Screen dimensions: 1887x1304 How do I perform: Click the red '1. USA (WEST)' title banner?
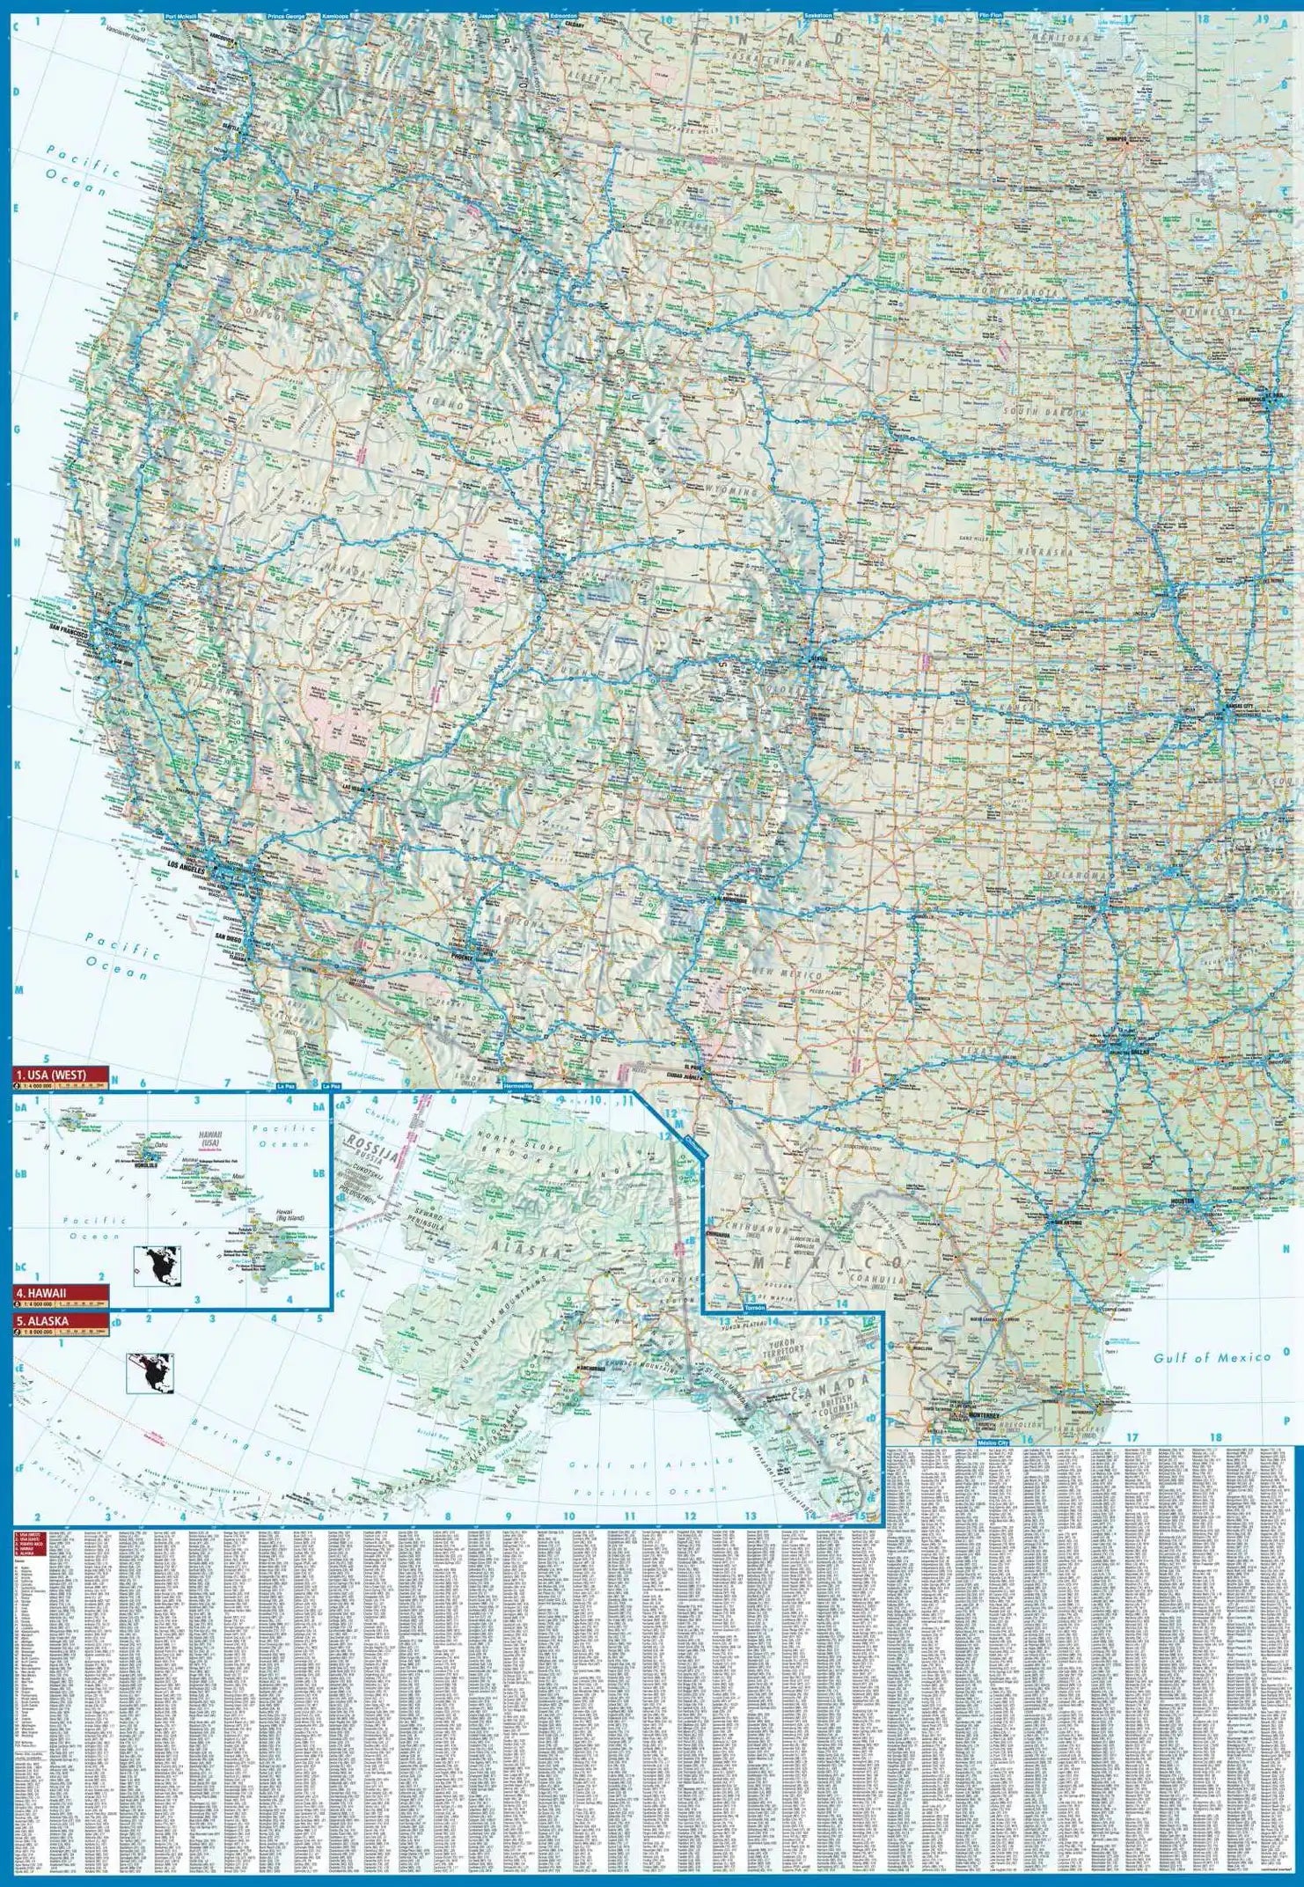point(59,1074)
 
